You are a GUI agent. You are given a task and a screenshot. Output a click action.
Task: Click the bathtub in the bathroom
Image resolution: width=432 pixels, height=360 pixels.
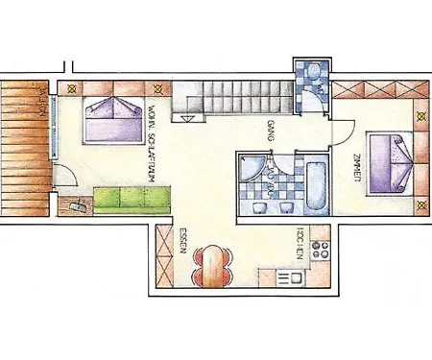[315, 183]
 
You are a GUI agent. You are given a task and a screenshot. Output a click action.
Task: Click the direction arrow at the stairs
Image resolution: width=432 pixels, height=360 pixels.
[187, 118]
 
